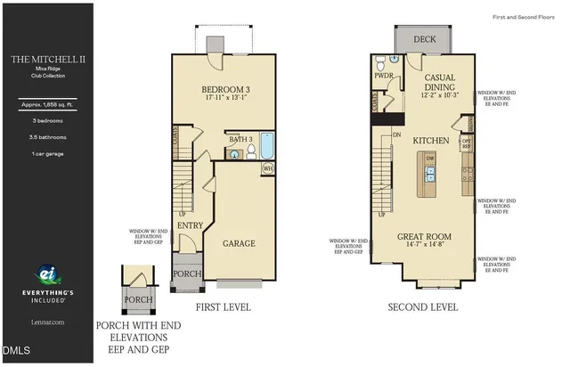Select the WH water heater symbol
[x=267, y=167]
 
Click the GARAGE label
[x=239, y=243]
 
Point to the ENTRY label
[x=190, y=225]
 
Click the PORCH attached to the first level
[x=187, y=273]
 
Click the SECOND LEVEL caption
[x=423, y=307]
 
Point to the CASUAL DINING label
[x=440, y=83]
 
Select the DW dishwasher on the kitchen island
[x=430, y=159]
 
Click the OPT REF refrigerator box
[x=466, y=143]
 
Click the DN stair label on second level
[x=397, y=135]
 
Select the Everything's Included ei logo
[x=46, y=275]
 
